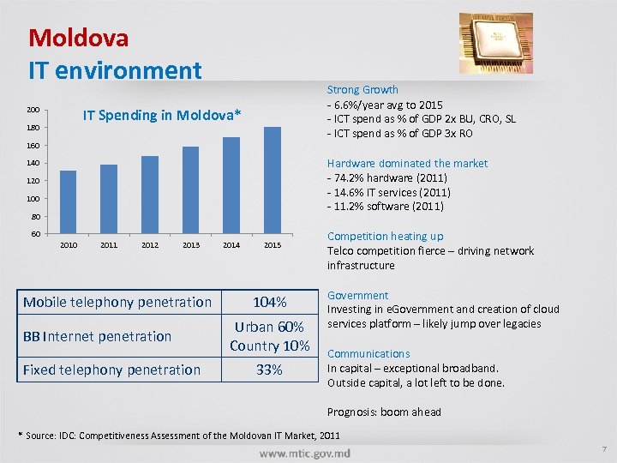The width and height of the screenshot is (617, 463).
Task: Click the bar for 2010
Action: [68, 201]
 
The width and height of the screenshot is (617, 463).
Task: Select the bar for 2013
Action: [190, 189]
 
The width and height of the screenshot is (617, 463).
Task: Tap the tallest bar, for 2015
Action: [273, 180]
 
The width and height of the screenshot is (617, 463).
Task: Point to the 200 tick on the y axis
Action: [33, 110]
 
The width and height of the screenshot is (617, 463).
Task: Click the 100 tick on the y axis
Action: [33, 199]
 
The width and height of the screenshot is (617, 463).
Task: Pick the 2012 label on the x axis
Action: [150, 246]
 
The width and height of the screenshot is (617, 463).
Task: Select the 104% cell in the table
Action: [270, 302]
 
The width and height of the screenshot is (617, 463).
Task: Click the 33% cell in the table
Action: [270, 370]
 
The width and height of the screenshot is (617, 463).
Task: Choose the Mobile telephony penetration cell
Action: [117, 302]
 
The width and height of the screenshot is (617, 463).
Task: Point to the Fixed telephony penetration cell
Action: [111, 370]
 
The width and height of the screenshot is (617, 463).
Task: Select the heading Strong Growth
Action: [362, 89]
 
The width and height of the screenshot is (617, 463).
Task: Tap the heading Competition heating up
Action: [385, 236]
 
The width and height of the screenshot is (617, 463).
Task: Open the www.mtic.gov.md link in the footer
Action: [305, 452]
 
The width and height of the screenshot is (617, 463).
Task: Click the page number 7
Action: [603, 449]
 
